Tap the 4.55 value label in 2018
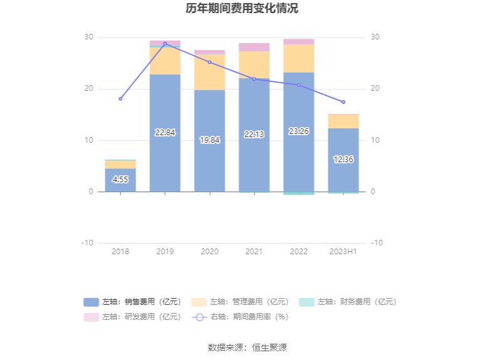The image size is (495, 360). [x=120, y=180]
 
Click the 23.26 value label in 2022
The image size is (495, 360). [x=298, y=131]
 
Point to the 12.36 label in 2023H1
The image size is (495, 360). [x=343, y=160]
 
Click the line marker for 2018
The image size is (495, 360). [x=120, y=99]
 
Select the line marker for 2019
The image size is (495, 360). [x=165, y=44]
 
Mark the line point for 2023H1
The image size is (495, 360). [x=343, y=102]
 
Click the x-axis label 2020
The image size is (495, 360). [x=209, y=252]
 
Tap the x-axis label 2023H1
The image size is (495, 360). [x=343, y=252]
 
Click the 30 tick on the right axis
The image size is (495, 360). [x=375, y=38]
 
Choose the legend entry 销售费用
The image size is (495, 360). [x=133, y=302]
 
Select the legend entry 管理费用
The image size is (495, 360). [x=240, y=302]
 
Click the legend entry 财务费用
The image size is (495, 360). [x=348, y=302]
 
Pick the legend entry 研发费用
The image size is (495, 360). [x=133, y=317]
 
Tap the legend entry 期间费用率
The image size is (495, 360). [x=240, y=317]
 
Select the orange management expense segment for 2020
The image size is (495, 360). [x=209, y=72]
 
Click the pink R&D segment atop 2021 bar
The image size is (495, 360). [x=254, y=47]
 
